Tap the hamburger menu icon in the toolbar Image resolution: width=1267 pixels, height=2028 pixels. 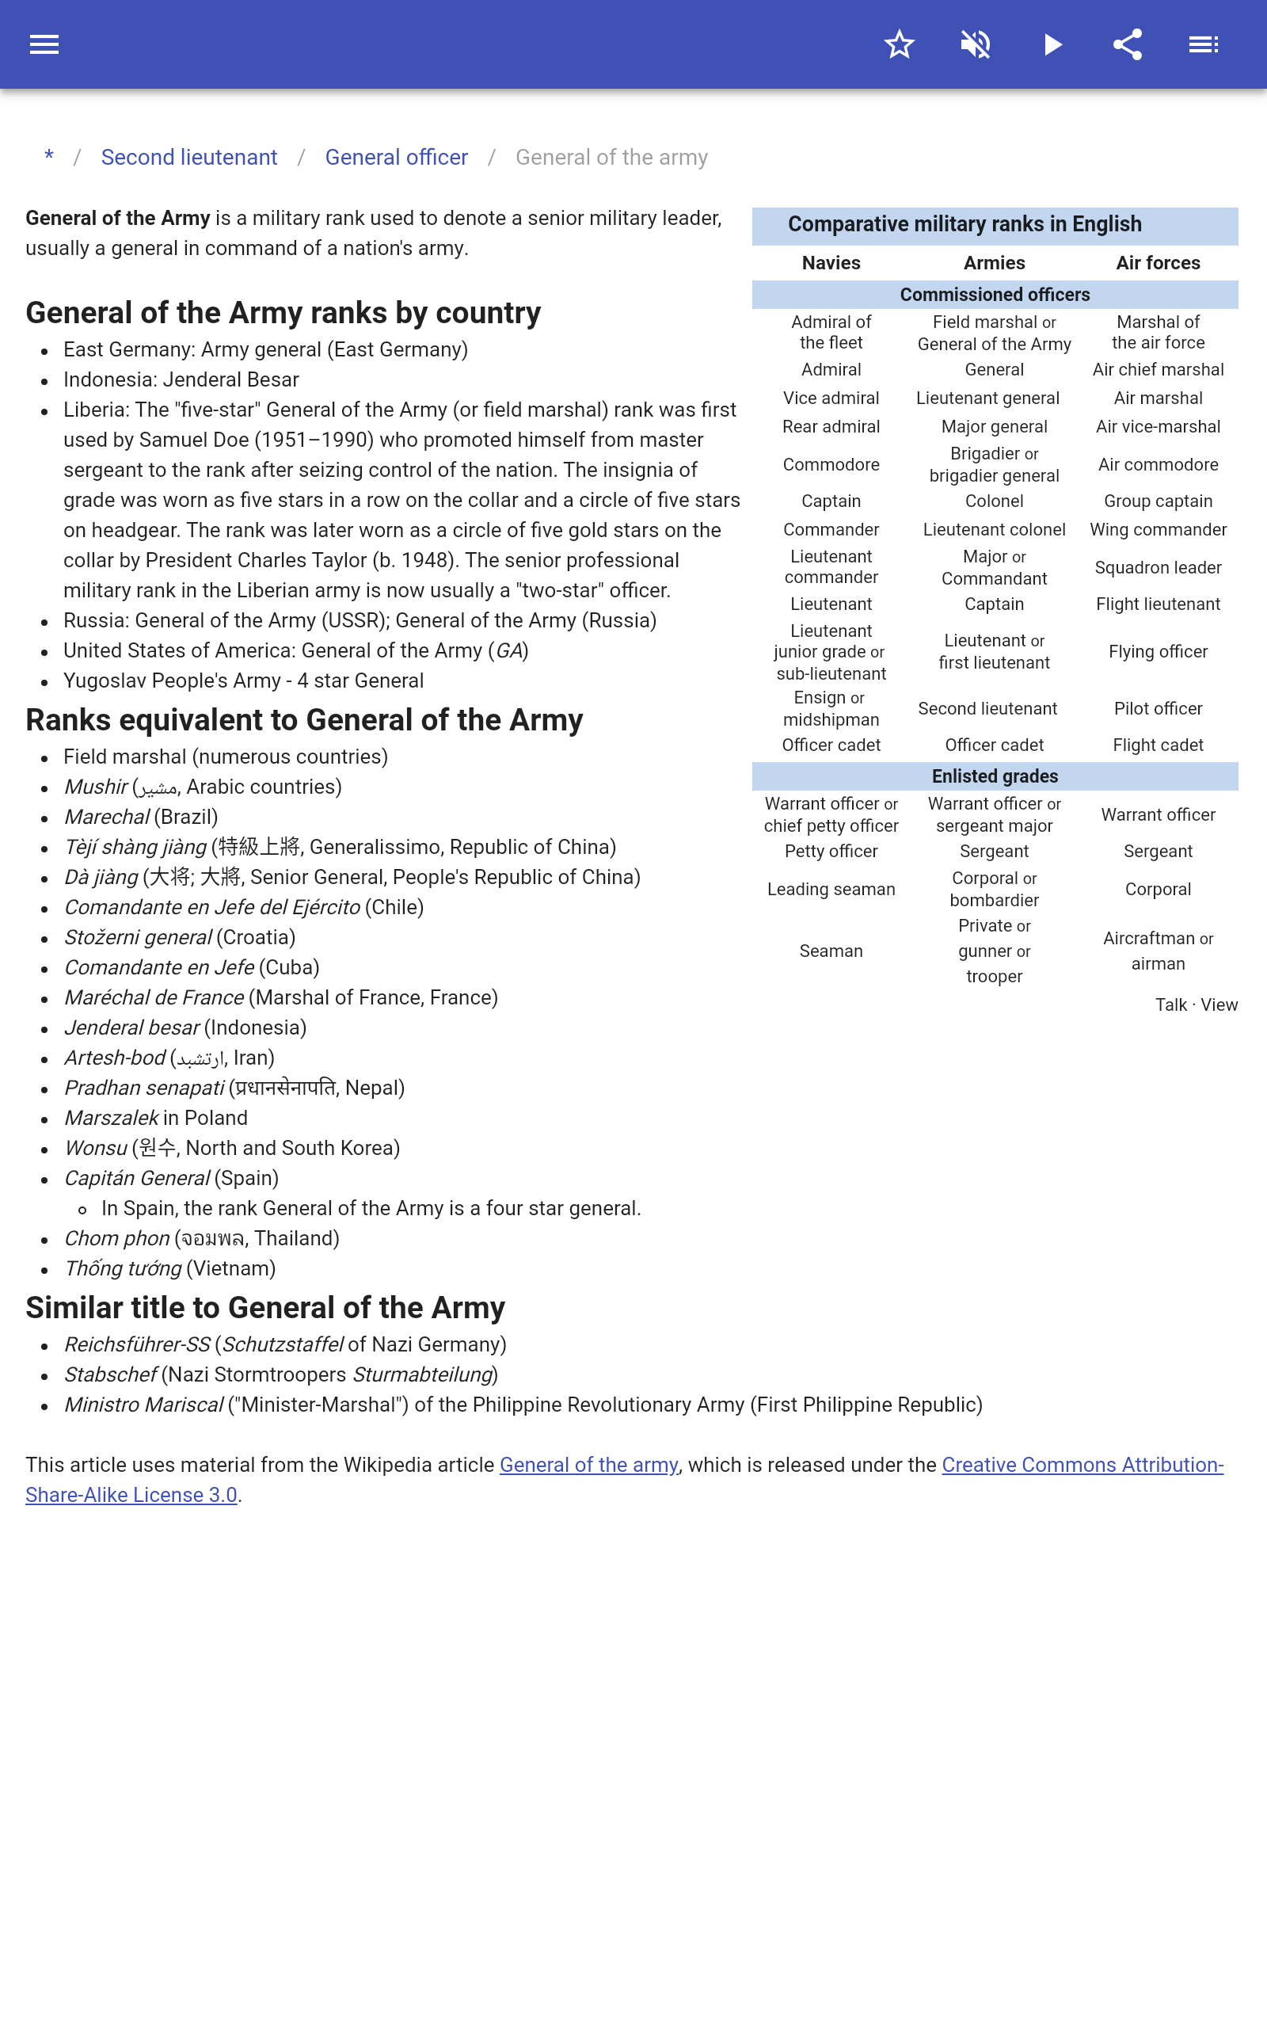pos(44,44)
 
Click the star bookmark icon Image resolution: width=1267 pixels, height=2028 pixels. pos(899,44)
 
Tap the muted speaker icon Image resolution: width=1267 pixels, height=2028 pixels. pos(976,44)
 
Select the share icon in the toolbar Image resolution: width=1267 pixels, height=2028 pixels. pos(1128,44)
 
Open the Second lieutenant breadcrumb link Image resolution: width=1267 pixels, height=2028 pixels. pos(188,158)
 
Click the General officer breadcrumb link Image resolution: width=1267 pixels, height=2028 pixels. pos(397,158)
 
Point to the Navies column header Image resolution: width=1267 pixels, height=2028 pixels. pos(831,263)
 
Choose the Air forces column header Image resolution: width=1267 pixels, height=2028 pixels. pos(1157,263)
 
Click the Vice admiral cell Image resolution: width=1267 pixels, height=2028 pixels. pos(831,398)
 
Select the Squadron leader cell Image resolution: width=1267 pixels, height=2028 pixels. pos(1157,568)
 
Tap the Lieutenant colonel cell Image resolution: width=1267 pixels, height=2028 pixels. pos(994,530)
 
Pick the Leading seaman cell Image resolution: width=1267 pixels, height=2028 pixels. pos(831,889)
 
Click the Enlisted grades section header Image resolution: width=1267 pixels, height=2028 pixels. pos(995,776)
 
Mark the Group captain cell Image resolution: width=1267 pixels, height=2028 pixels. pos(1157,501)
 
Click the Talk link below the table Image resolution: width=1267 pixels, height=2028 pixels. pos(1170,1004)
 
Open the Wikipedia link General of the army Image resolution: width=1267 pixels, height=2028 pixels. pos(588,1465)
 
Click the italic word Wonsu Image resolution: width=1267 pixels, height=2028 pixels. pos(96,1148)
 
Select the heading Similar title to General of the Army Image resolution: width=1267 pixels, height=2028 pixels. pos(264,1307)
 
